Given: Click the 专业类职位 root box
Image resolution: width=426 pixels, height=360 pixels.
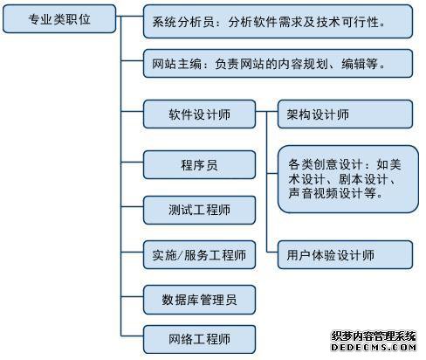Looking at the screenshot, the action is pyautogui.click(x=59, y=18).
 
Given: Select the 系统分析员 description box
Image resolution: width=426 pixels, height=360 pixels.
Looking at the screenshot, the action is pyautogui.click(x=278, y=22).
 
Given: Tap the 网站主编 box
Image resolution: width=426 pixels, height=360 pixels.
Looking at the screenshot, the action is pyautogui.click(x=278, y=63).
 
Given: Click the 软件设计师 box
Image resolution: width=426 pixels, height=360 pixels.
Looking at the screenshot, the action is pyautogui.click(x=199, y=114).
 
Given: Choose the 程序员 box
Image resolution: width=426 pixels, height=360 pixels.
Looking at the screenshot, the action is pyautogui.click(x=199, y=164).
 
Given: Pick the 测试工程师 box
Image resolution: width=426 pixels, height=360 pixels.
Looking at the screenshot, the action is pyautogui.click(x=199, y=210).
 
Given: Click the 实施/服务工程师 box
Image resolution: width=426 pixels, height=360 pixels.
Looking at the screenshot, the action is pyautogui.click(x=199, y=255).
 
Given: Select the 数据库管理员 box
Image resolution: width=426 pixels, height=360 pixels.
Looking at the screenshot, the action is pyautogui.click(x=199, y=300).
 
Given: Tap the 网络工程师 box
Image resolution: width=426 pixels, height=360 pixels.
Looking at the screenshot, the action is pyautogui.click(x=199, y=339).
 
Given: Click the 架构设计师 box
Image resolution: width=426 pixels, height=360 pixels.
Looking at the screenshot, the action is pyautogui.click(x=345, y=114).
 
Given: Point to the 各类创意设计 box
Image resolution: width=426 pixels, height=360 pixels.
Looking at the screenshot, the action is pyautogui.click(x=348, y=179).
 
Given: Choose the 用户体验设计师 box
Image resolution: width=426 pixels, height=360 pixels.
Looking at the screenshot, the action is pyautogui.click(x=345, y=255).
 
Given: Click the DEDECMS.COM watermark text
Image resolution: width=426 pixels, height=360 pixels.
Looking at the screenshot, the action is pyautogui.click(x=374, y=347).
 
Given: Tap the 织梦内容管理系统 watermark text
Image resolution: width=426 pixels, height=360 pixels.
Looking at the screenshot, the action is pyautogui.click(x=374, y=336).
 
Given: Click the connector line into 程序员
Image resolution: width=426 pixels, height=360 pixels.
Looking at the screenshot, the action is pyautogui.click(x=132, y=162).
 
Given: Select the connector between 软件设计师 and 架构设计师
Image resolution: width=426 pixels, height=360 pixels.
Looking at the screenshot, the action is pyautogui.click(x=266, y=111).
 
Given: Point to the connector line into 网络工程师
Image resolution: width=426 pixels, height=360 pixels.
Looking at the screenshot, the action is pyautogui.click(x=132, y=336).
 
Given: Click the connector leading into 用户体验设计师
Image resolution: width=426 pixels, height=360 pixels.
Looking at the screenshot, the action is pyautogui.click(x=272, y=252).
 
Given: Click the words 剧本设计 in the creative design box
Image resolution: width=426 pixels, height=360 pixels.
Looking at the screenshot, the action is pyautogui.click(x=364, y=179).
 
